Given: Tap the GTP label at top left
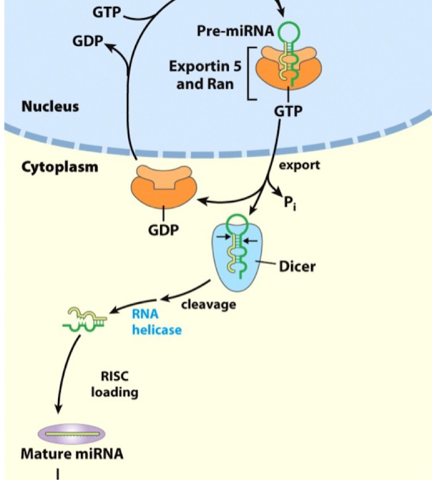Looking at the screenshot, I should pos(109,11).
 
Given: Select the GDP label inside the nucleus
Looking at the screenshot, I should pos(88,41).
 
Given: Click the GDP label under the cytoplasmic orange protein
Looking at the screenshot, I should pos(163,231).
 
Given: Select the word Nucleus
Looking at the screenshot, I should pos(50,107).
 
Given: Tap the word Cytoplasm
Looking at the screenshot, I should pos(59,167).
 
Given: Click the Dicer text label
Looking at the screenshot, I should pos(297,266).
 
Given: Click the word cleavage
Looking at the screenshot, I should pos(209,304).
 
